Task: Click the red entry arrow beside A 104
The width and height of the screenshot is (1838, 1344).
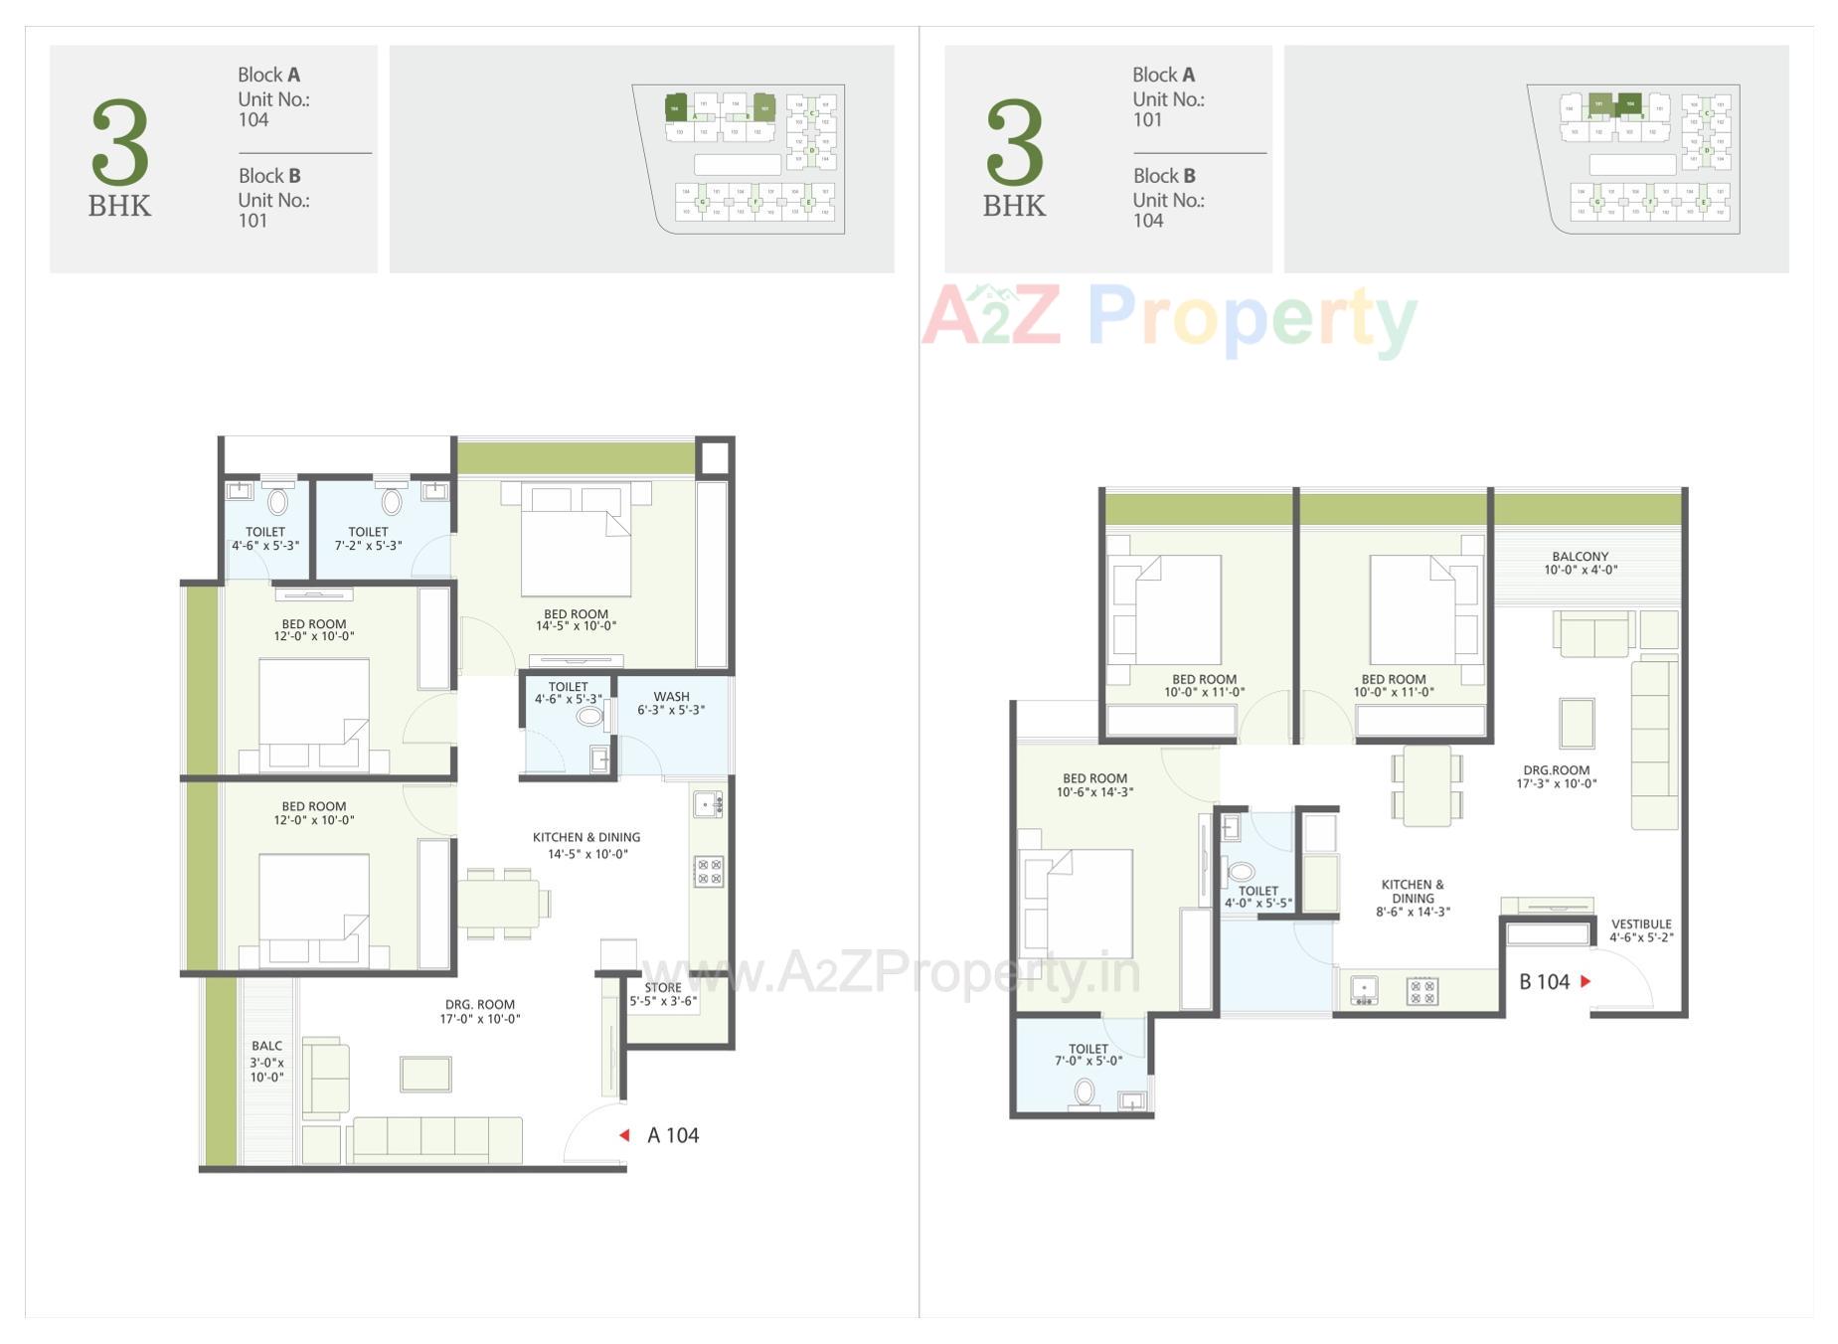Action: point(624,1135)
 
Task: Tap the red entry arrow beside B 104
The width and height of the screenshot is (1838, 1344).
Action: point(1586,981)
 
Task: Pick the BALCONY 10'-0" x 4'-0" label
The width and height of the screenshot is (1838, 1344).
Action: point(1580,563)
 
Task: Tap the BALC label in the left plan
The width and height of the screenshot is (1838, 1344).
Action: point(266,1061)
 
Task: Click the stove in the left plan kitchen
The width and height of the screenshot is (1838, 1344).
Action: point(709,872)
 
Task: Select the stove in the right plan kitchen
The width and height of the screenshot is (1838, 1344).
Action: point(1422,990)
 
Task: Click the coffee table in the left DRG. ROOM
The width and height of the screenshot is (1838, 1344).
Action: point(425,1074)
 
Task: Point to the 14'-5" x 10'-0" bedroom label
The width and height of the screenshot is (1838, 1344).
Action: point(576,620)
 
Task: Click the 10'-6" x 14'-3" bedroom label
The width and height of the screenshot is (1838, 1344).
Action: point(1094,785)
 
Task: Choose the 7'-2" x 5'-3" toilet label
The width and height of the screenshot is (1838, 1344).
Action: point(368,539)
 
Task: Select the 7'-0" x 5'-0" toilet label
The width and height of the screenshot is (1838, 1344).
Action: point(1088,1055)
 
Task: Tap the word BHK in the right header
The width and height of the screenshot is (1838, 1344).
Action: point(1014,206)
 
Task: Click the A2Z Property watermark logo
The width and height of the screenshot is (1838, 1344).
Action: point(1169,317)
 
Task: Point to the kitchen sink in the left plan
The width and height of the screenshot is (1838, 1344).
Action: point(708,803)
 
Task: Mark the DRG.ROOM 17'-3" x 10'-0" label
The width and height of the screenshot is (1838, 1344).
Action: point(1556,776)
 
